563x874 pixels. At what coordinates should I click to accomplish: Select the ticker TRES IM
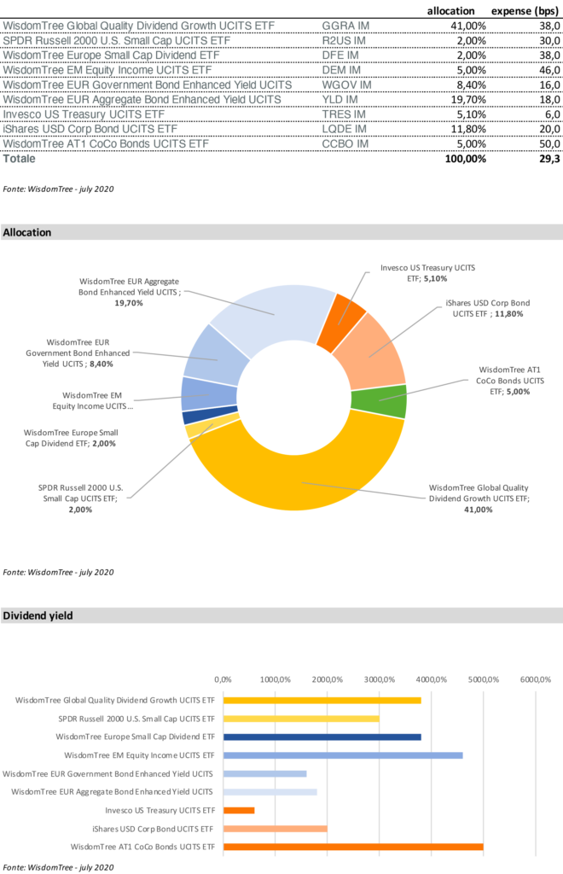tap(344, 114)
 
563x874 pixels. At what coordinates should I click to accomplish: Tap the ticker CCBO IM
tap(345, 144)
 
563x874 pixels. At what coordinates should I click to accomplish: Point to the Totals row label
tap(20, 159)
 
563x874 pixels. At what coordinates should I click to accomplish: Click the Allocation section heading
tap(27, 232)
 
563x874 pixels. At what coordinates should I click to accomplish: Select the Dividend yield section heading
tap(38, 615)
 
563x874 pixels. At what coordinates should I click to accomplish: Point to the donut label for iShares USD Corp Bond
tap(488, 308)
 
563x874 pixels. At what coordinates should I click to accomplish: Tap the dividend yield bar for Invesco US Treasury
tap(239, 810)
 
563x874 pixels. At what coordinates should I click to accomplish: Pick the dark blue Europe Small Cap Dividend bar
tap(322, 737)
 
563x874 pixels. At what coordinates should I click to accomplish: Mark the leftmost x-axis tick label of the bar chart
tap(223, 679)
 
